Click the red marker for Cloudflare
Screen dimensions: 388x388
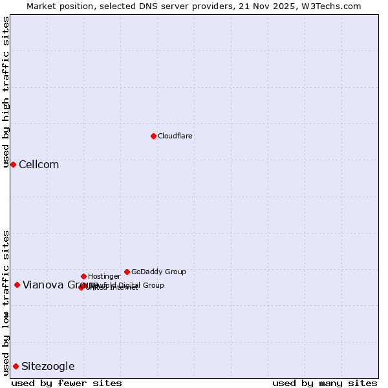(x=153, y=136)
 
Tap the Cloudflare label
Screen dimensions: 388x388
(x=175, y=136)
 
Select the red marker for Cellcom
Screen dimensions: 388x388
(x=13, y=164)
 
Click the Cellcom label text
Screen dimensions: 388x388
(x=39, y=164)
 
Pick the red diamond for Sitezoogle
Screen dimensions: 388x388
(x=16, y=366)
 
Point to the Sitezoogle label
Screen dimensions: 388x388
(x=48, y=366)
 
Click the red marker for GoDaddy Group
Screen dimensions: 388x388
(x=127, y=272)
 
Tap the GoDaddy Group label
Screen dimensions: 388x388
(x=158, y=272)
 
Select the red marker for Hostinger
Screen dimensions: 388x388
(x=83, y=276)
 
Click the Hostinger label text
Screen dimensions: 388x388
(x=104, y=276)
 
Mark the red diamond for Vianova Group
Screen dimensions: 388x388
(x=17, y=285)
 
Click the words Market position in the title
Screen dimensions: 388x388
(x=56, y=6)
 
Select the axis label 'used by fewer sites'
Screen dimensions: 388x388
(x=67, y=383)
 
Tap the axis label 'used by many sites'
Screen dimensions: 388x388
(x=325, y=383)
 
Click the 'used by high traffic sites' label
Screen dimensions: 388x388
(x=6, y=92)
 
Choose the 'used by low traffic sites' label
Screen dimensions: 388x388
(x=6, y=303)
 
